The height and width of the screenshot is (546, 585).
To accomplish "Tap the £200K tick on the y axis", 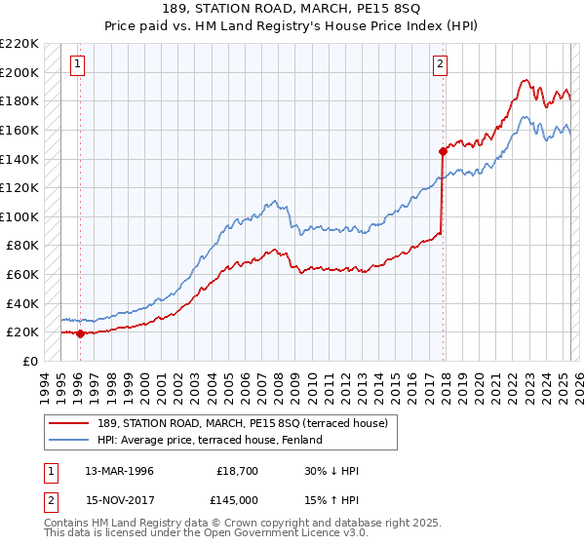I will point(19,72).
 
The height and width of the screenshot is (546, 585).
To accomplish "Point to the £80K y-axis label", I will point(22,246).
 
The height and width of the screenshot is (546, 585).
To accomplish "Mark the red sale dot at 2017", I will point(443,151).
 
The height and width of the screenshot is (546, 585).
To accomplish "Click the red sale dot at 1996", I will point(81,333).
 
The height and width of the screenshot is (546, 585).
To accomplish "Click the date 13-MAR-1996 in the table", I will point(119,471).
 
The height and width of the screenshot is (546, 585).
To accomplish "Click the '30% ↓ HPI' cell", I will point(331,471).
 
